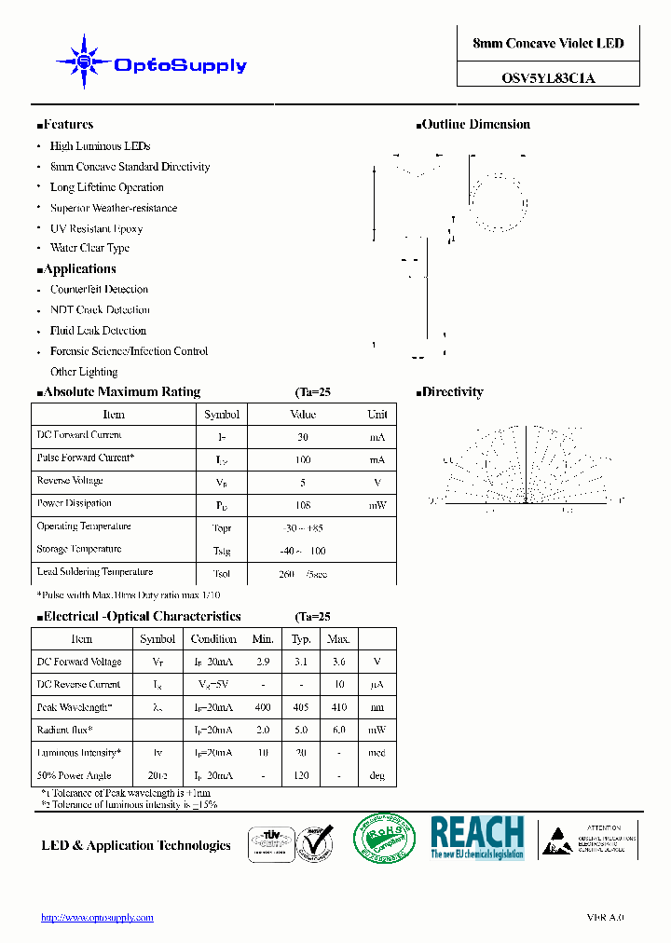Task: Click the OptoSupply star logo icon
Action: click(84, 62)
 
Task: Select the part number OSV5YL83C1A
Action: click(548, 78)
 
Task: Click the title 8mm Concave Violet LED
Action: click(548, 44)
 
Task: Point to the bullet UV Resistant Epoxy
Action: click(96, 228)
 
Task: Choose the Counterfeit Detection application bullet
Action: click(99, 290)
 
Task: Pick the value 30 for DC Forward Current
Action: click(302, 437)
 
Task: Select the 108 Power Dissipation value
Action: click(302, 505)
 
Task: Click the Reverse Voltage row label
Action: click(70, 481)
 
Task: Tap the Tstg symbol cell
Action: click(222, 551)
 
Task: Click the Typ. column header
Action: click(301, 639)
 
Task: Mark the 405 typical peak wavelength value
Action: click(301, 708)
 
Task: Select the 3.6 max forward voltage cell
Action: click(337, 663)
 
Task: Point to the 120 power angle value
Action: click(301, 775)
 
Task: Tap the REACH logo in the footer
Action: click(476, 837)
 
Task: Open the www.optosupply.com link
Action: click(98, 918)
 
